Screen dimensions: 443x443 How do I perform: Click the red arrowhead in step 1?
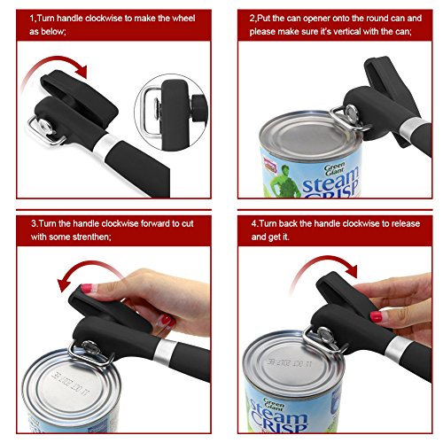[81, 71]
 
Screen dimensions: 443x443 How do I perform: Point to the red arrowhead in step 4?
[350, 270]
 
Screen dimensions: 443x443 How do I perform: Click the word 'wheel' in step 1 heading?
[183, 19]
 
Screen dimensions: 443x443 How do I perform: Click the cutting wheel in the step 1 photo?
[46, 126]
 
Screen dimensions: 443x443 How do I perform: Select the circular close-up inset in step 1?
[171, 113]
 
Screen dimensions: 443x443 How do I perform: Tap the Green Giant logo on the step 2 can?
[335, 168]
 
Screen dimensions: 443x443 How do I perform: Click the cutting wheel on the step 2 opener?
[352, 113]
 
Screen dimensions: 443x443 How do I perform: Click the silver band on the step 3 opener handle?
[163, 352]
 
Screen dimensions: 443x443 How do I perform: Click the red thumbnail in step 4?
[376, 316]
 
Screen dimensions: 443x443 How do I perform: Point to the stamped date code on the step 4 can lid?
[289, 362]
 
